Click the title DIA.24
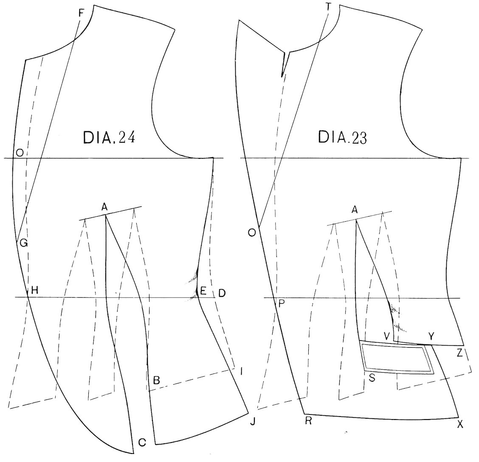(109, 138)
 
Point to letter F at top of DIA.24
(81, 13)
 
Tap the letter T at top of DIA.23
(329, 7)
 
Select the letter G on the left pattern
(23, 243)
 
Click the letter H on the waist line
(34, 290)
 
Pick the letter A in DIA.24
(104, 208)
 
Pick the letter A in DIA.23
(354, 210)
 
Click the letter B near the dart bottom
(156, 380)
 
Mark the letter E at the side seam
(203, 290)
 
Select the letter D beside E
(222, 293)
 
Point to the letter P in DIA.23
(282, 304)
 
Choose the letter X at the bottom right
(460, 424)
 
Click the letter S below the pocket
(372, 378)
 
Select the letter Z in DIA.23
(460, 354)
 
